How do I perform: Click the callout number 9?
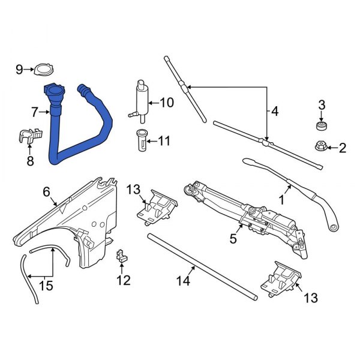coord(19,70)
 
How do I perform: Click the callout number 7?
coord(34,112)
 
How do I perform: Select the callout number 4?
coord(274,111)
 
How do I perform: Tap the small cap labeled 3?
coord(322,126)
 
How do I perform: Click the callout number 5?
coord(233,239)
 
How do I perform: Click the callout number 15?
coord(45,286)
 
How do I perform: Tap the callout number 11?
coord(164,142)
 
